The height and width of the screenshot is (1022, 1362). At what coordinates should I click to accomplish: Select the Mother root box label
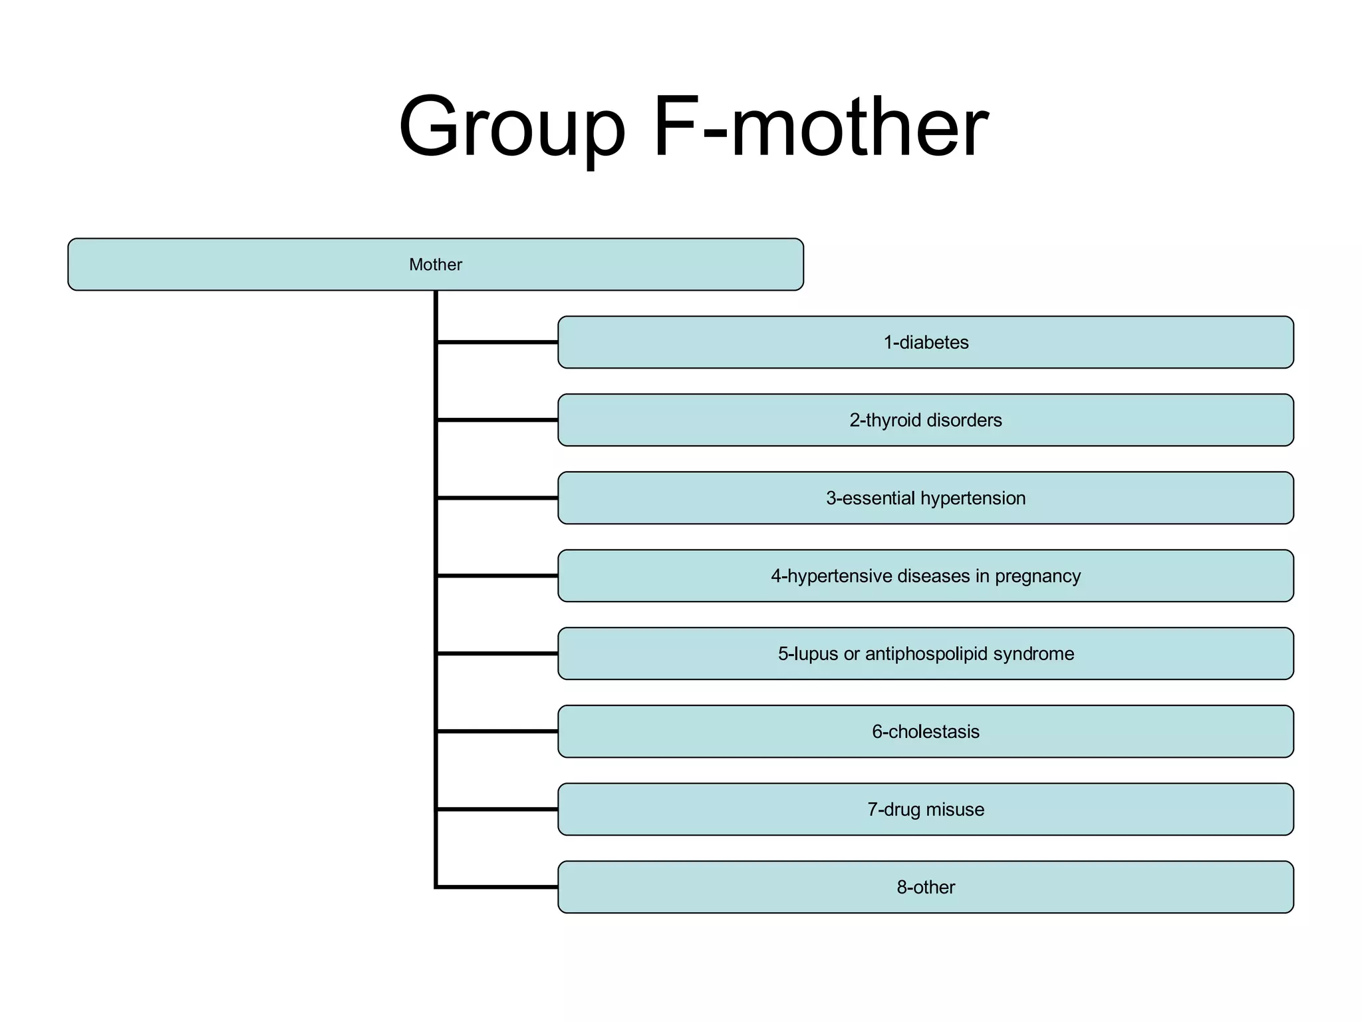tap(436, 265)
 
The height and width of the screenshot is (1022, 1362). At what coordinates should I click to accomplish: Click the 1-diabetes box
tap(926, 343)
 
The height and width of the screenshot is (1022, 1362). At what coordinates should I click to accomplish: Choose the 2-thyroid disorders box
tap(926, 421)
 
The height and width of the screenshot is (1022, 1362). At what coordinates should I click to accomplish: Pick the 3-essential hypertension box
tap(926, 498)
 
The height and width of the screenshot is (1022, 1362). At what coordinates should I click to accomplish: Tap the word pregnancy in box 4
tap(1037, 576)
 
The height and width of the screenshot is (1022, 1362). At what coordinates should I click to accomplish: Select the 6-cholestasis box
tap(926, 732)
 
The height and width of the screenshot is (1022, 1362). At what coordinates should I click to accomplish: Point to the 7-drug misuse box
tap(926, 810)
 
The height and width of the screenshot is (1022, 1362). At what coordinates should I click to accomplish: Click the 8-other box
tap(926, 888)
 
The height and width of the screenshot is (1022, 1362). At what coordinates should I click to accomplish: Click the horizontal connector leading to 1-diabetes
tap(497, 342)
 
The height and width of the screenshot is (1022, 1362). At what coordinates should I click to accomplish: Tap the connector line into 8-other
tap(497, 887)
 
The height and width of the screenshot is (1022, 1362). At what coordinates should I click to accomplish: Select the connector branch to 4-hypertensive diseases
tap(497, 576)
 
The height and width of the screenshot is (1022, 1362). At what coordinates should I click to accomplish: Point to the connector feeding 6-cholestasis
tap(497, 731)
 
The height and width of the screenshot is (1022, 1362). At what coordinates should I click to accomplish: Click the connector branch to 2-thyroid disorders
tap(497, 420)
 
